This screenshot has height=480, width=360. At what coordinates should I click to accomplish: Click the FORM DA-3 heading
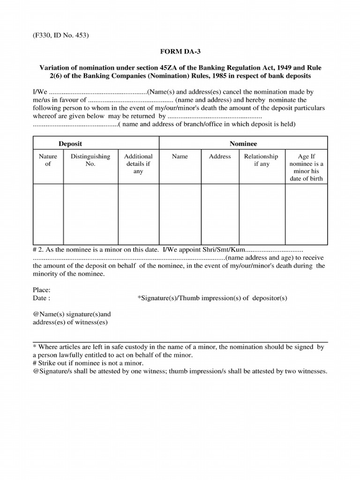click(180, 51)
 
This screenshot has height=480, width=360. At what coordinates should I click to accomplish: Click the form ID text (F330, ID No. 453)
click(61, 35)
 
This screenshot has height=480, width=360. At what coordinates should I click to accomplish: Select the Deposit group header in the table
click(70, 143)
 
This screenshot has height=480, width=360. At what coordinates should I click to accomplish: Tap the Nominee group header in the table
click(243, 143)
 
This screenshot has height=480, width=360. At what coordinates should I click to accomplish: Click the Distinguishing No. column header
click(90, 160)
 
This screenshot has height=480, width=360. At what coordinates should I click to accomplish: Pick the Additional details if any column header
click(138, 164)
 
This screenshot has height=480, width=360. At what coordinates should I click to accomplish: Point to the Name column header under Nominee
click(180, 157)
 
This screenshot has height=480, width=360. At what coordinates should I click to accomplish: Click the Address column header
click(220, 157)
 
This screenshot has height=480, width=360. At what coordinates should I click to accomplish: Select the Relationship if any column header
click(261, 160)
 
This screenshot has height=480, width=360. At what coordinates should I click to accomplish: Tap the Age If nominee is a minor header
click(306, 167)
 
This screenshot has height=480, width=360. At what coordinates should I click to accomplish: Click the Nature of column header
click(48, 160)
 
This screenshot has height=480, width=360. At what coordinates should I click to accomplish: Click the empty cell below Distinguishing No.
click(90, 214)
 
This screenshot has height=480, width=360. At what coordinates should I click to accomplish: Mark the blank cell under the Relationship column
click(262, 214)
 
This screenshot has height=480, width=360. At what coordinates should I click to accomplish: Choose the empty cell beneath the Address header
click(220, 214)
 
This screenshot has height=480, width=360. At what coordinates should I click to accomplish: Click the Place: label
click(42, 290)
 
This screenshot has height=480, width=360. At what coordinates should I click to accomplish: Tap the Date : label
click(42, 298)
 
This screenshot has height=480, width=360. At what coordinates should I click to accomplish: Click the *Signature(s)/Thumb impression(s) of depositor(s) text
click(212, 298)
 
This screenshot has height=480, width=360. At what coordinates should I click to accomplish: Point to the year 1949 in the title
click(284, 67)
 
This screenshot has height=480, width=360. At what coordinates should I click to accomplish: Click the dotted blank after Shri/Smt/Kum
click(275, 249)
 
